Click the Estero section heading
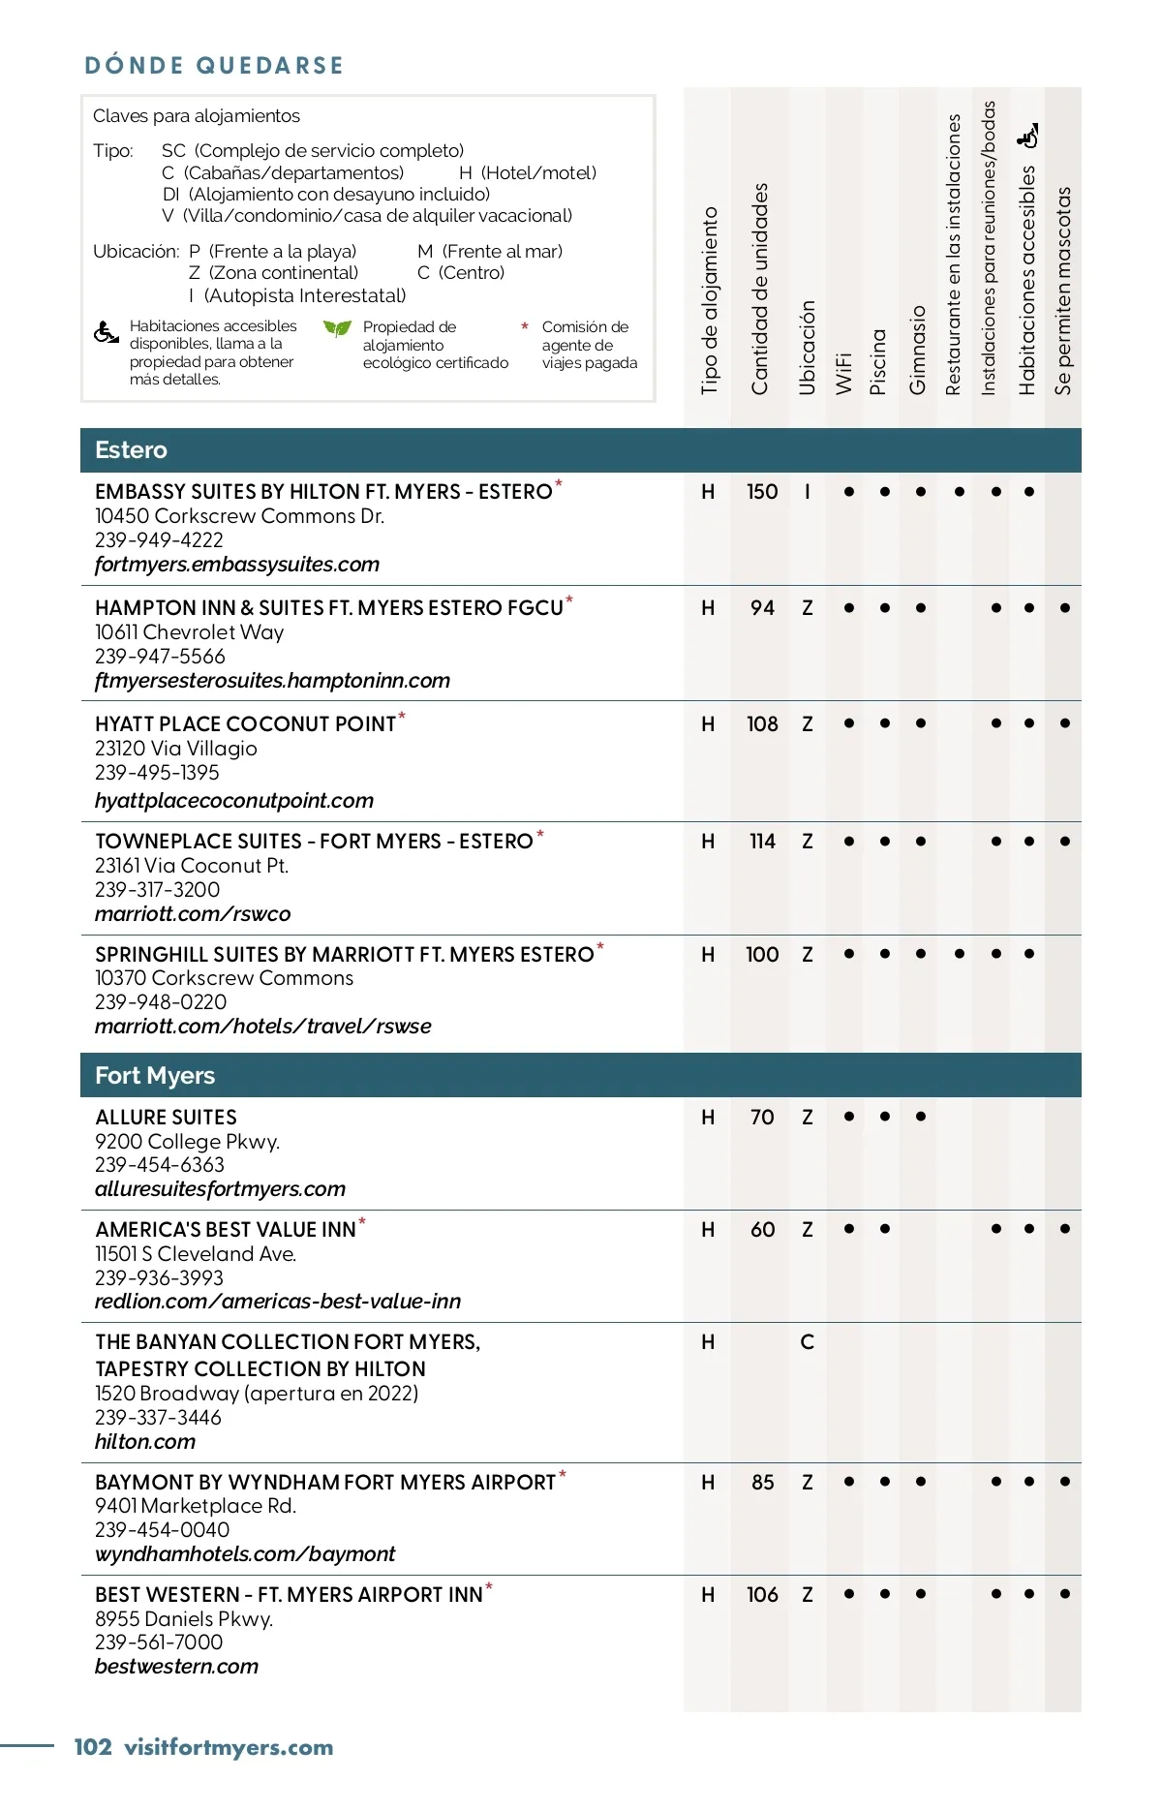(x=131, y=450)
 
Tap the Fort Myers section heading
(x=155, y=1076)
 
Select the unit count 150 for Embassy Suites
(x=762, y=492)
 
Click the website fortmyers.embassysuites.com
(x=237, y=565)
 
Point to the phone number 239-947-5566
(x=160, y=657)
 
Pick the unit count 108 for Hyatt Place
(x=762, y=724)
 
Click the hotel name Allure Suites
(x=166, y=1118)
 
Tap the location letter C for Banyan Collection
(x=807, y=1342)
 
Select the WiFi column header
(x=843, y=373)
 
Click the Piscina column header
(x=878, y=361)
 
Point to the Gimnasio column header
(x=917, y=350)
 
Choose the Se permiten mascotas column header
(x=1063, y=291)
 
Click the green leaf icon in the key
(x=337, y=329)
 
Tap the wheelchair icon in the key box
(x=107, y=333)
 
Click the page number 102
(x=93, y=1747)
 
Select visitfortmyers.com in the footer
(x=229, y=1747)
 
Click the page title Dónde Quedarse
(x=214, y=66)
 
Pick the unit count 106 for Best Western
(x=762, y=1594)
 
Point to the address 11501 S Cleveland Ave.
(x=196, y=1254)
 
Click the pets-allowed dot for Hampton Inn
(x=1065, y=608)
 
